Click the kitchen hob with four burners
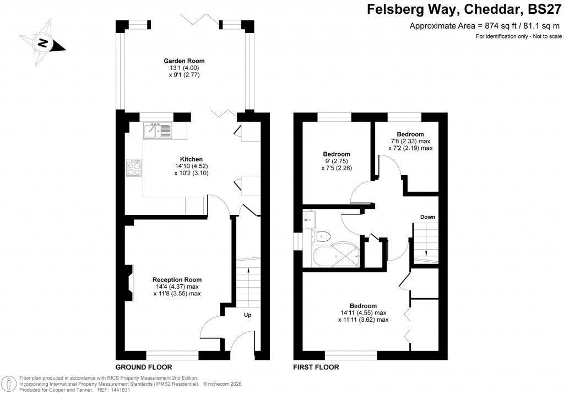pos(134,168)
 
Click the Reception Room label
pos(177,279)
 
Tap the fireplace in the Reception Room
pos(129,283)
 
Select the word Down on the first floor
pos(428,217)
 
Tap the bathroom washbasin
pos(308,220)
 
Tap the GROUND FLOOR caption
pos(143,367)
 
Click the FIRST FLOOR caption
pos(316,367)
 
